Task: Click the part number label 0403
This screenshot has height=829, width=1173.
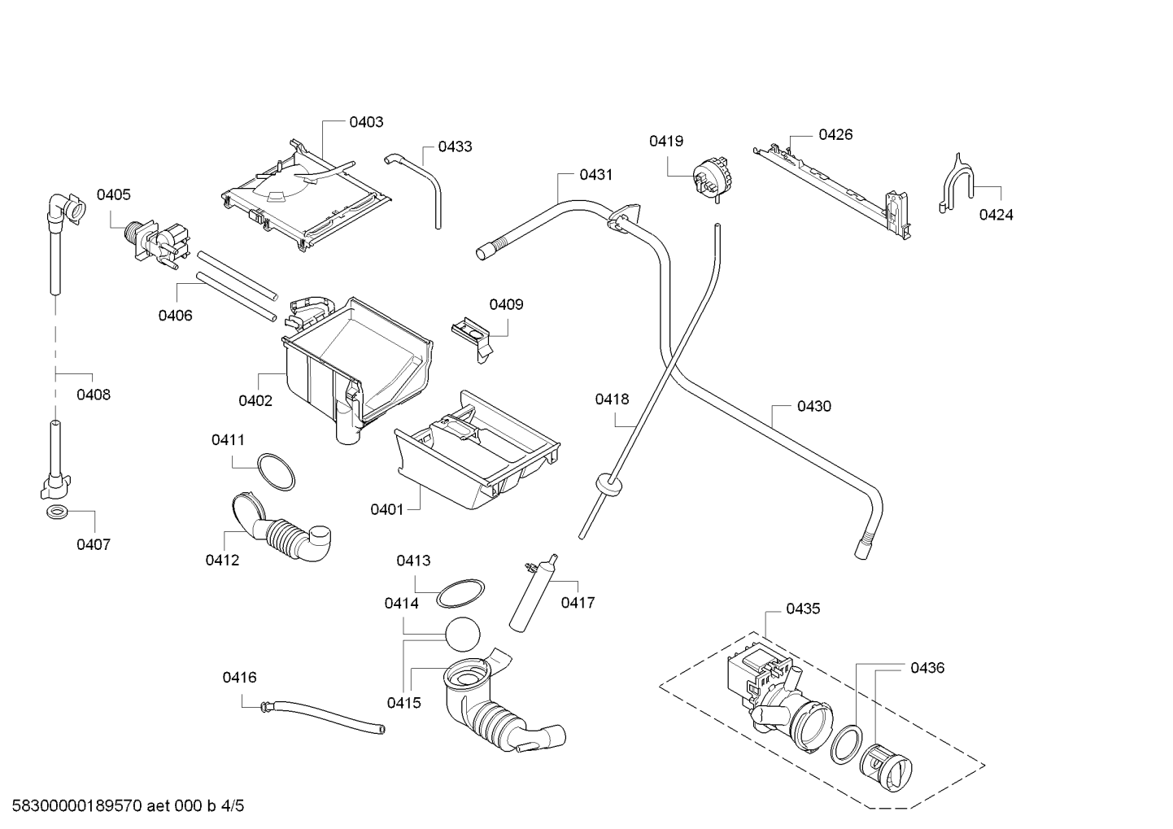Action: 366,122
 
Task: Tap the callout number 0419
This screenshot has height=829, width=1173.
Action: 666,141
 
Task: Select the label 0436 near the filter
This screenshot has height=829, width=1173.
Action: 927,668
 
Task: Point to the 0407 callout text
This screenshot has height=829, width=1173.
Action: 94,544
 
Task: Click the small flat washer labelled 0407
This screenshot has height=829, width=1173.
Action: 57,513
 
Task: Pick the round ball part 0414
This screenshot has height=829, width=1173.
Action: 463,635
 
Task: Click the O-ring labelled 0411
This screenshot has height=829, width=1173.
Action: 276,473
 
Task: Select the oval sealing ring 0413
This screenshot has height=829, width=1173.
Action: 460,593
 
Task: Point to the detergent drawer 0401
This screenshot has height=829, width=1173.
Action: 477,451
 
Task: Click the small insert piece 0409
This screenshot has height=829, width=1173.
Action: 471,338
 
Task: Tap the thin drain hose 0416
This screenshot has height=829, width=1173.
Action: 322,717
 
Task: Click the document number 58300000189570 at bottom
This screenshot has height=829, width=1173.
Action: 77,806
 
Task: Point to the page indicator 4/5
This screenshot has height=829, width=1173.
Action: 233,806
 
